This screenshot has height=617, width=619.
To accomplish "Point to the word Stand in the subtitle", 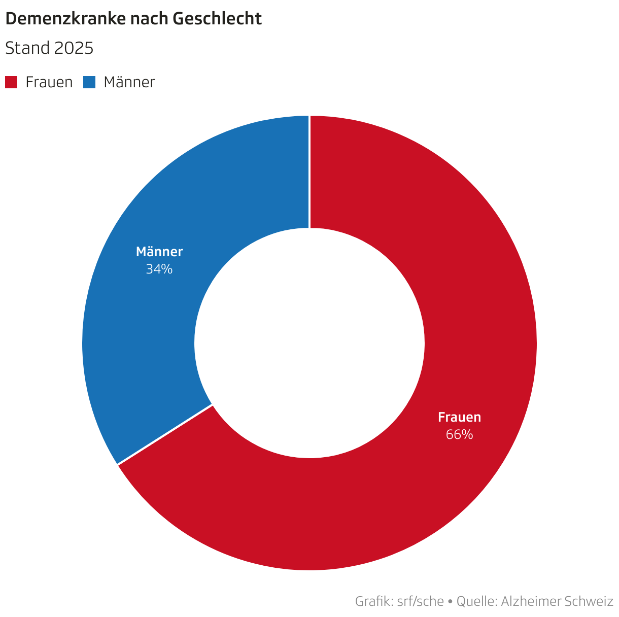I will point(27,49).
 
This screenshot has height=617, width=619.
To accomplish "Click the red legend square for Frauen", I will point(11,82).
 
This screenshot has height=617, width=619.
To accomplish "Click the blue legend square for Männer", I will point(89,82).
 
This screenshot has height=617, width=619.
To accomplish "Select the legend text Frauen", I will point(49,82).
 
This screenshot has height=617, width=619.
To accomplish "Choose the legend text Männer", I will point(129,82).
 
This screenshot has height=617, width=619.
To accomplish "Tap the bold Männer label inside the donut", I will point(159,252).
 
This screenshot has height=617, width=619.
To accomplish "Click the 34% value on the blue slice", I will point(159,269).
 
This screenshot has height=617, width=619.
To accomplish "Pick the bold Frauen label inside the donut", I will point(459,417).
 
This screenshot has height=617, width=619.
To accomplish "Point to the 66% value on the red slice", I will point(459,435).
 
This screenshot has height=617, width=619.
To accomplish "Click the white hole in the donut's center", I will point(309,343).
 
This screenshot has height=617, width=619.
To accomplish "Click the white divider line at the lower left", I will point(165,434).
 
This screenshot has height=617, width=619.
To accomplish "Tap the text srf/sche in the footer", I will point(420,602).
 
